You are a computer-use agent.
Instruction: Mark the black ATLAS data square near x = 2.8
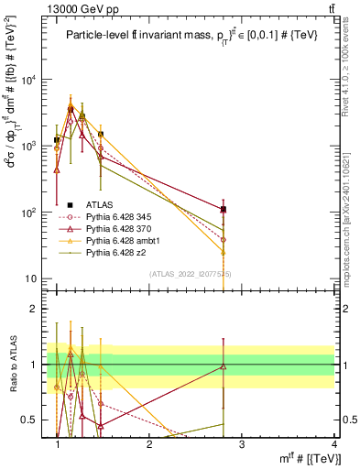[224, 209]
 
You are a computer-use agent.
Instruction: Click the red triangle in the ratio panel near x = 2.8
[224, 366]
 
